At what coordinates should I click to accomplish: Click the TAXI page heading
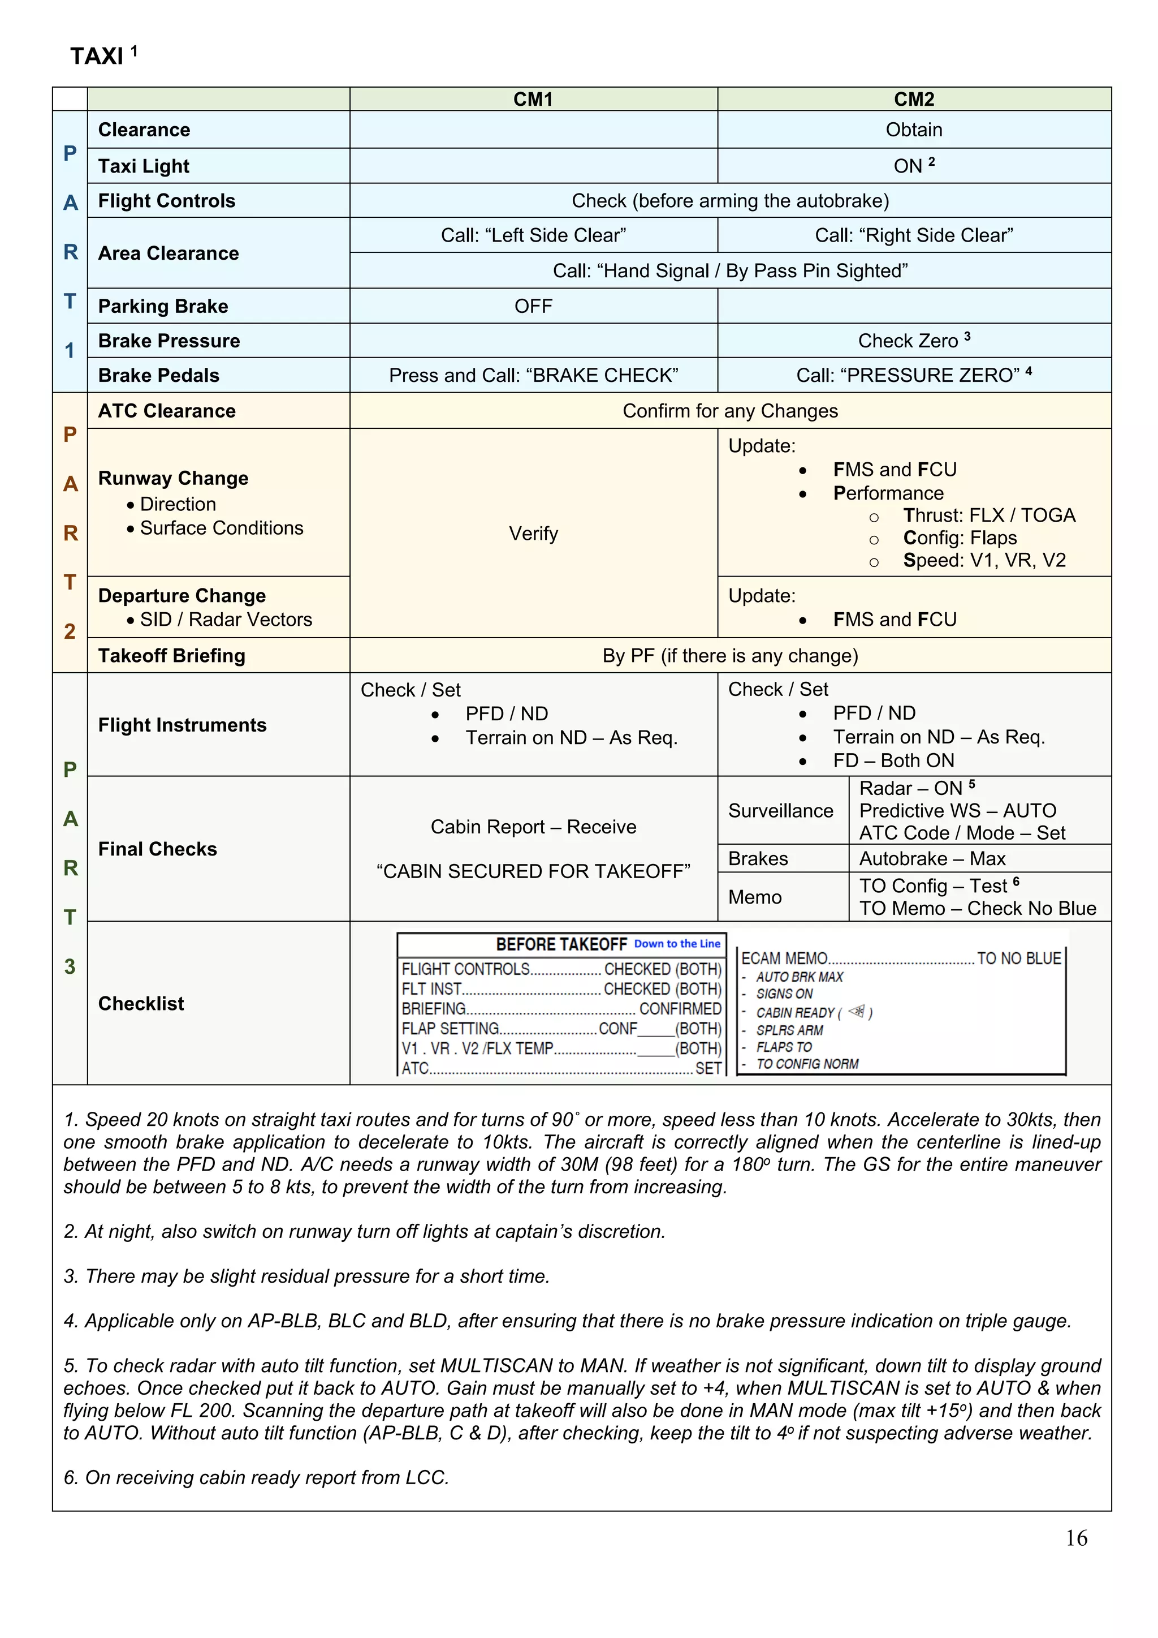97,55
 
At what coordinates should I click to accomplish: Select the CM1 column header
533,99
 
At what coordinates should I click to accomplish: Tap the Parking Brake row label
163,306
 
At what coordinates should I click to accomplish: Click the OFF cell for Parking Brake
533,306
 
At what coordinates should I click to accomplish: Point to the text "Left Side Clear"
533,235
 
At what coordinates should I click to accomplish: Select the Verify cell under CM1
533,534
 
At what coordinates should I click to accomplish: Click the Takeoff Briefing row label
172,656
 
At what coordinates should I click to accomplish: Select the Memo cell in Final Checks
755,897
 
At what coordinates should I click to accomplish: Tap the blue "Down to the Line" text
677,944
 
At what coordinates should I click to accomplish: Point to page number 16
1076,1538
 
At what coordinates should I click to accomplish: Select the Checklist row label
141,1004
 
